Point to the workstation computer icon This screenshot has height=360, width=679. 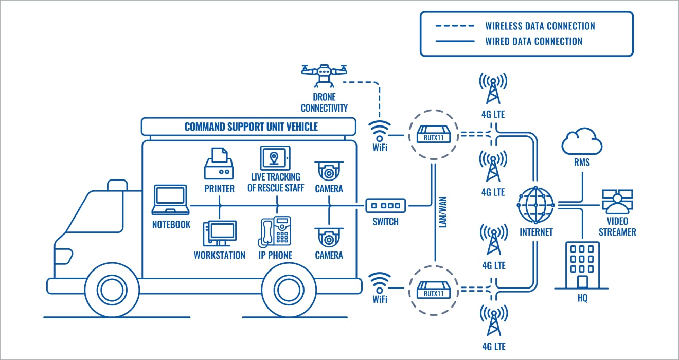pos(220,233)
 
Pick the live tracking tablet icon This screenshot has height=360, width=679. pos(275,158)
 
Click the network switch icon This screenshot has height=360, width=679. pos(386,206)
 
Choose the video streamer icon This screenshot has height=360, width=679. pos(617,202)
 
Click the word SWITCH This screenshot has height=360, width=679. pos(386,222)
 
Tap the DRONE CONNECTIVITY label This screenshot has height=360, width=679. pos(324,102)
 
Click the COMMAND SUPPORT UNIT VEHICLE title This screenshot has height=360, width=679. pos(251,127)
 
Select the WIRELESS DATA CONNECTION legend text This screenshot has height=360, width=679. pos(540,26)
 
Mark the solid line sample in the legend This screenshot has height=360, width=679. pos(455,41)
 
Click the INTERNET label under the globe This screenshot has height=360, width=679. pos(536,232)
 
